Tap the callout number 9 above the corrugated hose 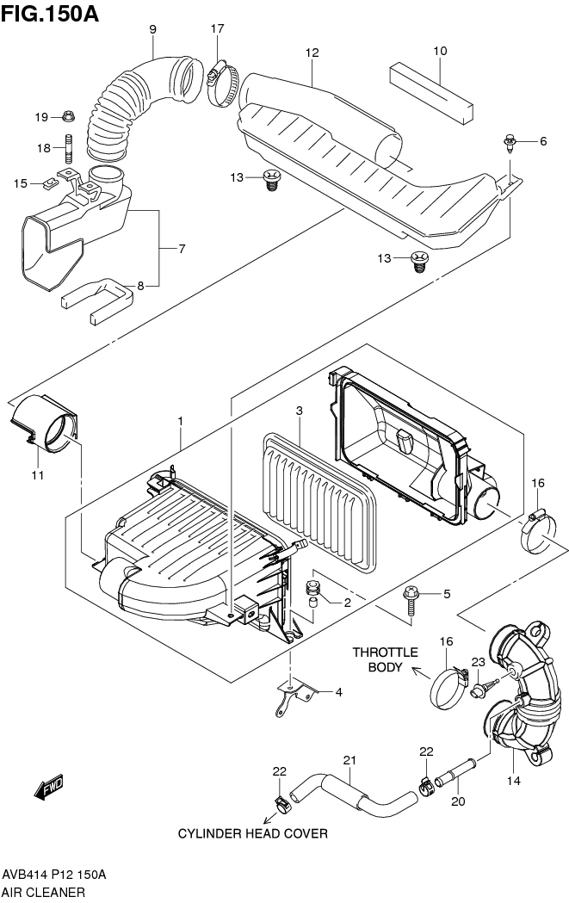[x=152, y=29]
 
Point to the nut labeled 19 [x=68, y=117]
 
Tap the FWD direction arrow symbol [x=49, y=787]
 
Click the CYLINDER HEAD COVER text [x=252, y=834]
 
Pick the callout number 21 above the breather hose [x=349, y=760]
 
